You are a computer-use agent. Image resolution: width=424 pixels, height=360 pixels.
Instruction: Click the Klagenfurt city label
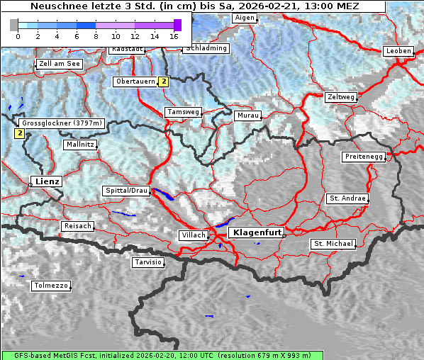click(258, 232)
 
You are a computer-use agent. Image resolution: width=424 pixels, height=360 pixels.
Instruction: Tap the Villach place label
click(193, 235)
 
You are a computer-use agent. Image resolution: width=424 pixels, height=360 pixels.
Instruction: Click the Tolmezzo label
click(51, 286)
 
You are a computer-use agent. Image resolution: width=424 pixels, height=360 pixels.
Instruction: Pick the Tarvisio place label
click(148, 262)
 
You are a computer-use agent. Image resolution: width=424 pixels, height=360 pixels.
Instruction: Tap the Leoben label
click(398, 51)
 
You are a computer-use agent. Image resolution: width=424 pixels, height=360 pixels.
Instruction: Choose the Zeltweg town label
click(340, 96)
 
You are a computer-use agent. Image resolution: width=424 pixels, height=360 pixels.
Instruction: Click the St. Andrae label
click(347, 198)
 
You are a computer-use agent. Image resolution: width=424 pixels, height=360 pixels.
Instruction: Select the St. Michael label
click(333, 244)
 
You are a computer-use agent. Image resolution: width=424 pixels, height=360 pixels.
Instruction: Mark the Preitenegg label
click(364, 156)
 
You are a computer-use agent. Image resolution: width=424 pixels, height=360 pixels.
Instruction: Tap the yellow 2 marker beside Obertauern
click(164, 81)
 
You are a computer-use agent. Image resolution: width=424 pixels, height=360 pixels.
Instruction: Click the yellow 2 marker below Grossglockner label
click(20, 133)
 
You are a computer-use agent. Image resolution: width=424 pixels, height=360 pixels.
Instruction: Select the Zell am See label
click(60, 64)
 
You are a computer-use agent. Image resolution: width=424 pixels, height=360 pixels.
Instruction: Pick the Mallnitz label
click(80, 144)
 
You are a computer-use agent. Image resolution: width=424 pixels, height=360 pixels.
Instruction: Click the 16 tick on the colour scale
click(174, 35)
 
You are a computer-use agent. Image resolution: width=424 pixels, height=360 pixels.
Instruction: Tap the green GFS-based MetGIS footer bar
click(162, 355)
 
